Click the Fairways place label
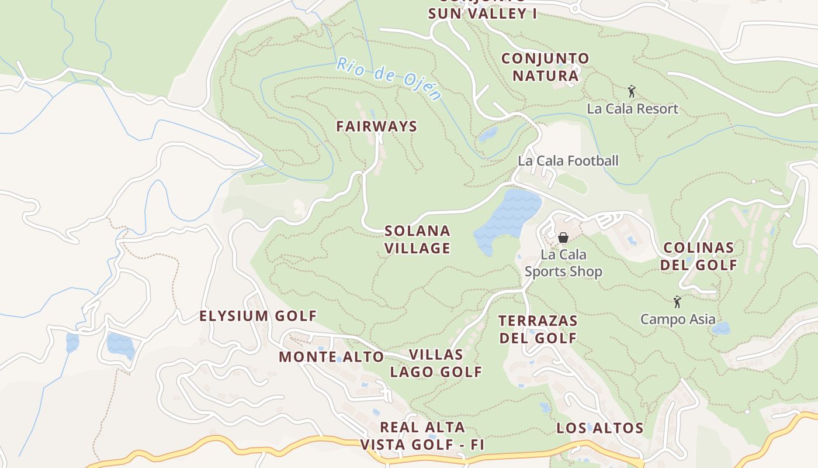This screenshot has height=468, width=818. point(376,126)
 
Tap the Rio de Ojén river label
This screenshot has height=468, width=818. point(388,78)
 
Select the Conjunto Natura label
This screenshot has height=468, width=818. point(545,67)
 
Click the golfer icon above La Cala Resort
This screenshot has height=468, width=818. point(631,91)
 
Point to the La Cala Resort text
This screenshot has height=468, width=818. point(632,109)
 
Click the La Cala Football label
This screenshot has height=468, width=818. point(568,161)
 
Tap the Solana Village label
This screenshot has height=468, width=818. point(417,239)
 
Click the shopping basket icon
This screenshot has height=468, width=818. point(563,238)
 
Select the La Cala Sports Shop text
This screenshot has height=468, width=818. point(563,263)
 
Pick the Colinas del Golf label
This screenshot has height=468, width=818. point(699,256)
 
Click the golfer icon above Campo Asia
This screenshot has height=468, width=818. point(677,302)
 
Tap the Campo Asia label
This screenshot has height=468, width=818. point(678,319)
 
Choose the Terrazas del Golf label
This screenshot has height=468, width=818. point(538,329)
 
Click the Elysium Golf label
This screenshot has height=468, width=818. point(258,316)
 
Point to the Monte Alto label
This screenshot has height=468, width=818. point(331,357)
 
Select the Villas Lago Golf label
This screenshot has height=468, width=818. point(436,363)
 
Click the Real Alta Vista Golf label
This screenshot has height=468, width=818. point(422,436)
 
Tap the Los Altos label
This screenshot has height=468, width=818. point(599,428)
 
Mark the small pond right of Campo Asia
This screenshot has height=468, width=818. point(721,328)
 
